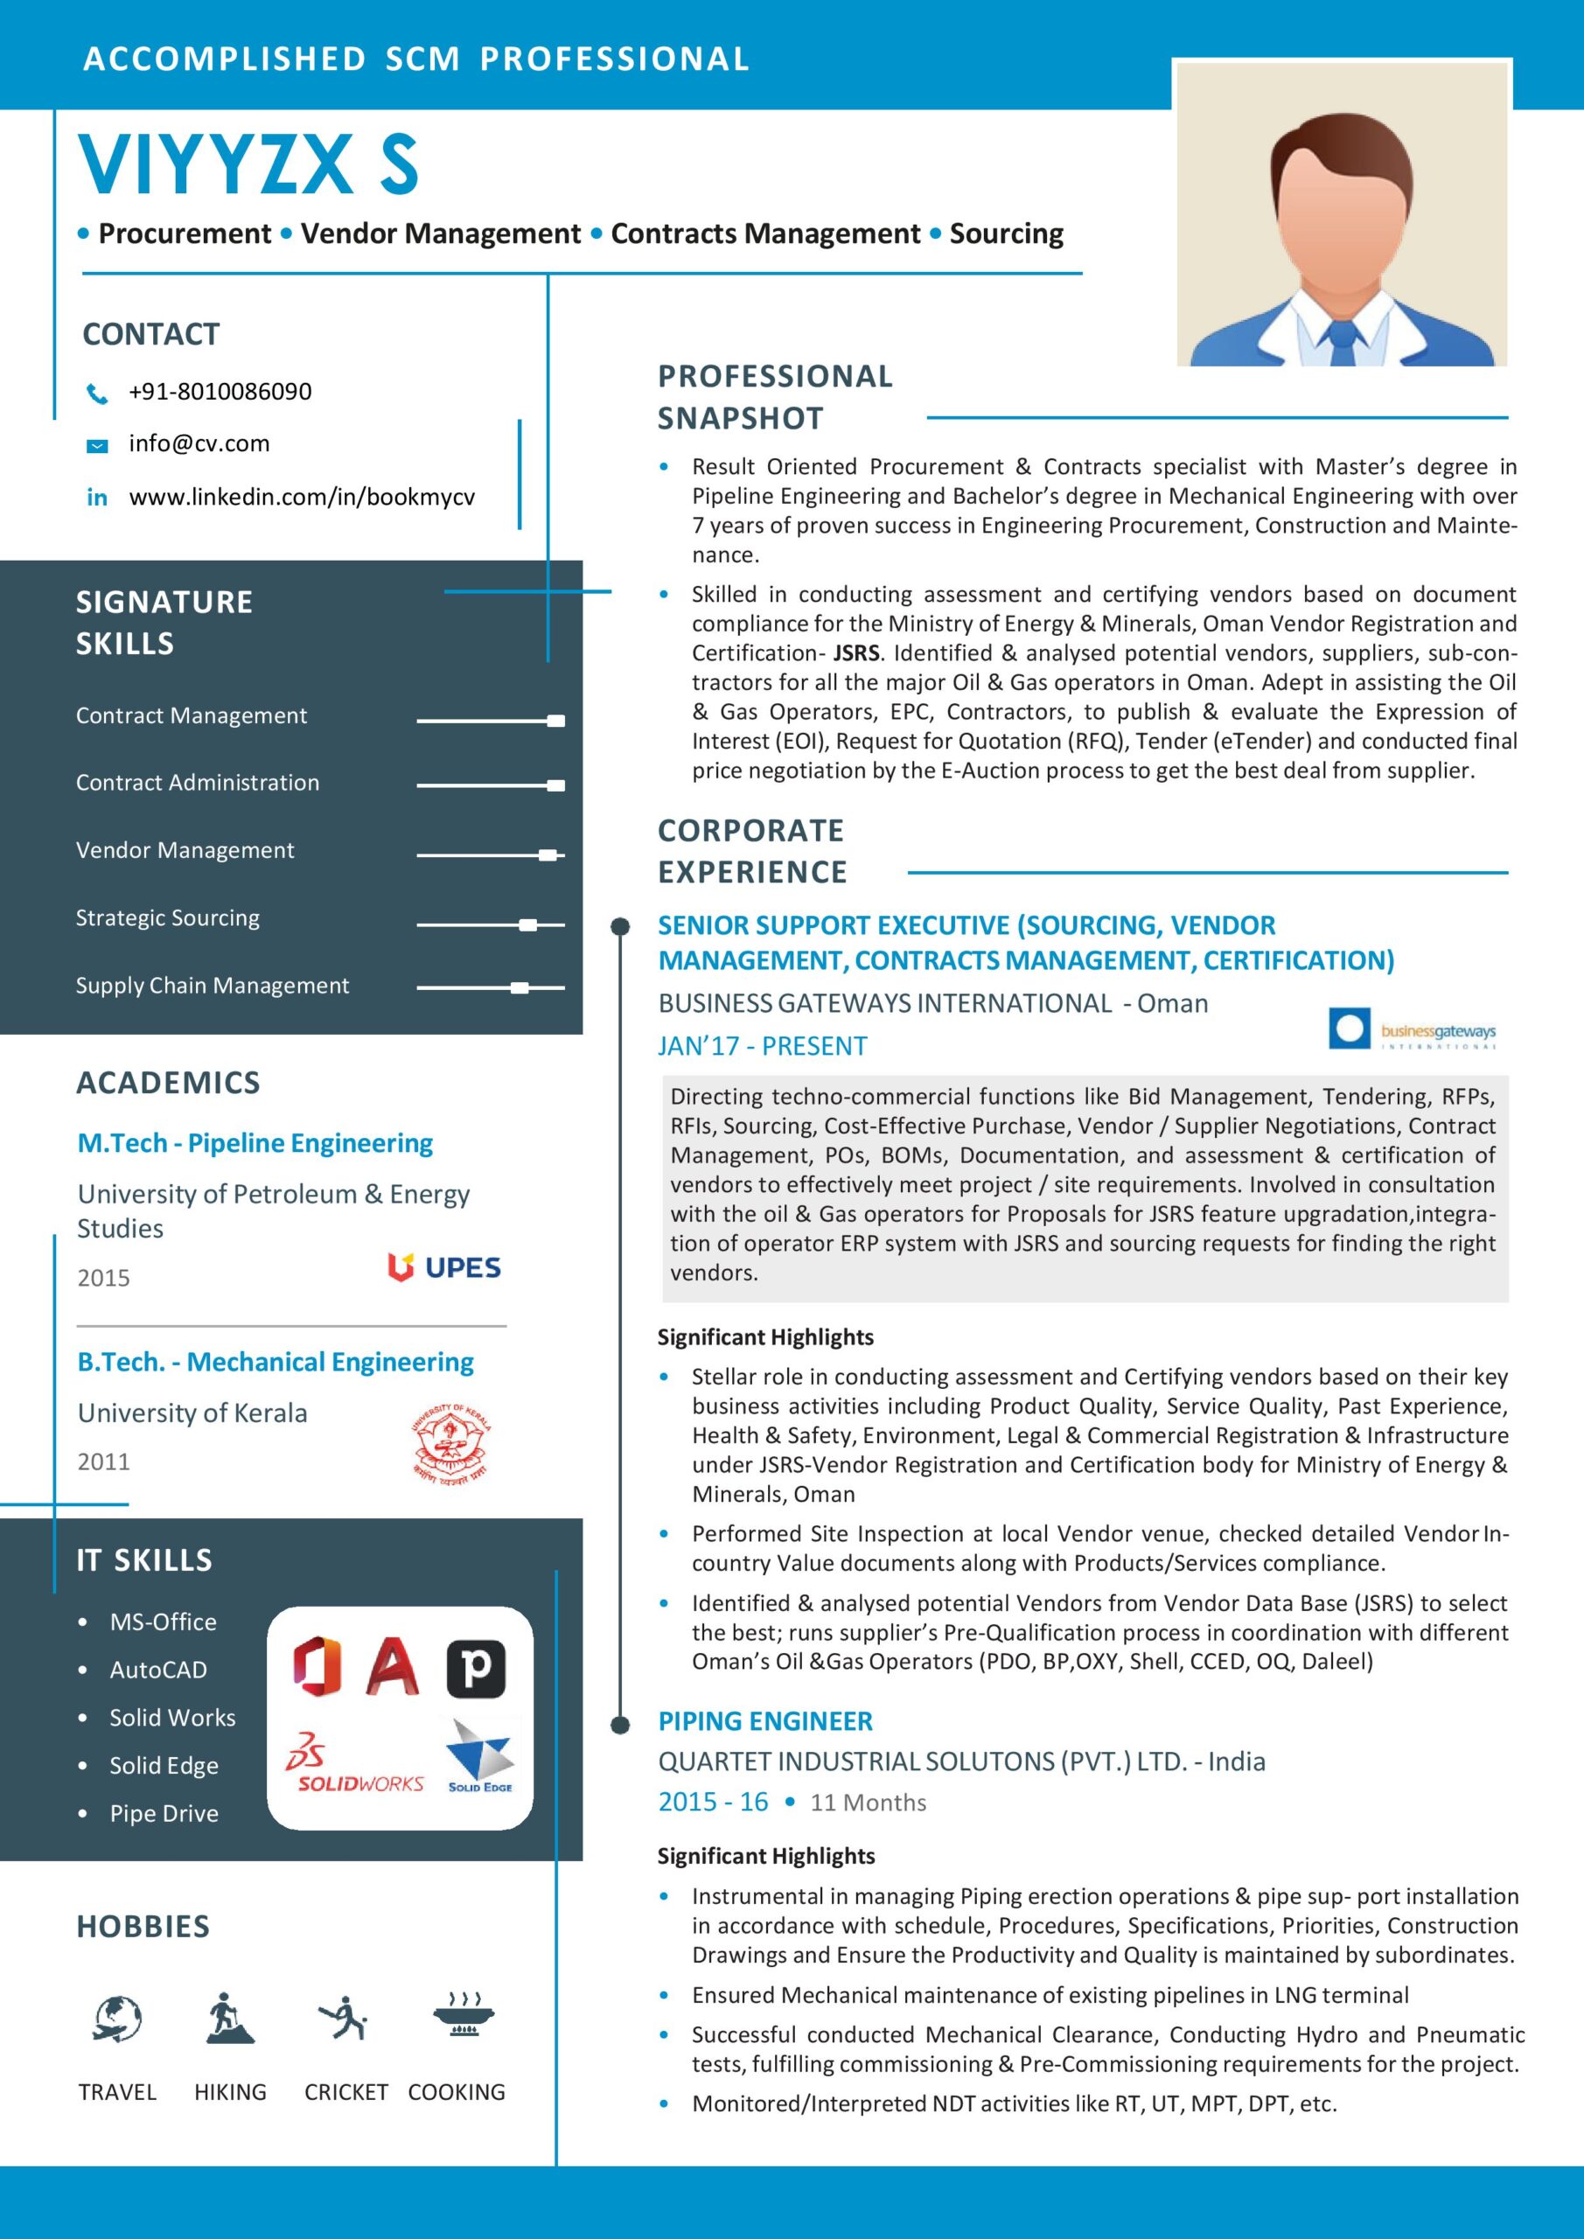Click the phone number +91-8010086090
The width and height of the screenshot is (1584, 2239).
click(x=220, y=392)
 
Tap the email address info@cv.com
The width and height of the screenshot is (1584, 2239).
click(x=199, y=443)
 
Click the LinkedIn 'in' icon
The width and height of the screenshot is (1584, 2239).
click(x=96, y=498)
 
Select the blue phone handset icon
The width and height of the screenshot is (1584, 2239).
click(x=96, y=393)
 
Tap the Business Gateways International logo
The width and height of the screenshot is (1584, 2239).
click(x=1412, y=1029)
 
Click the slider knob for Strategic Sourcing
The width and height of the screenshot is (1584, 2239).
click(x=527, y=924)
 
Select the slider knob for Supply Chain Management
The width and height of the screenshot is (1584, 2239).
click(x=520, y=987)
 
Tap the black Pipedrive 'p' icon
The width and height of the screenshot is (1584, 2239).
click(x=476, y=1669)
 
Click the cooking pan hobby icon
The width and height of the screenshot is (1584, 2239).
click(x=464, y=2016)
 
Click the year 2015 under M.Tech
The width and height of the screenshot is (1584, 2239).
click(x=103, y=1278)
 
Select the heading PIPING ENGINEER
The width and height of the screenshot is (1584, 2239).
click(x=764, y=1721)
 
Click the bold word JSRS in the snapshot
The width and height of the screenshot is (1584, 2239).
click(x=855, y=653)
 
